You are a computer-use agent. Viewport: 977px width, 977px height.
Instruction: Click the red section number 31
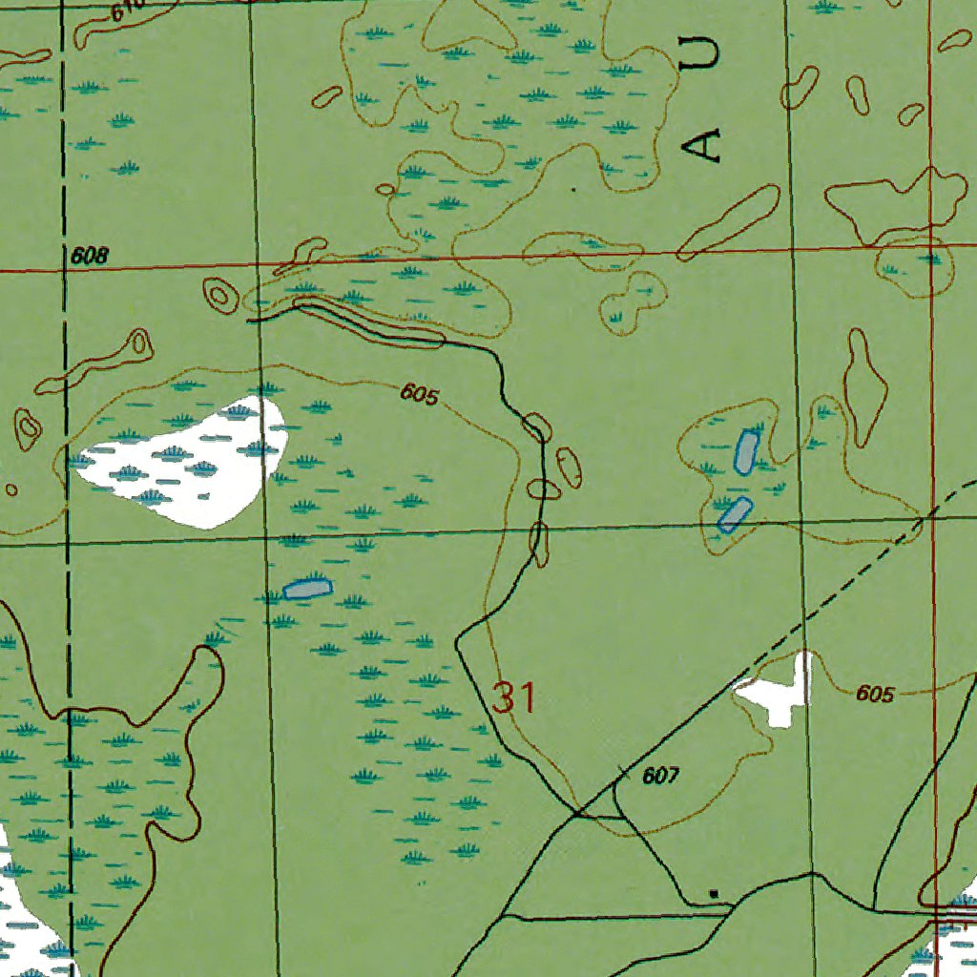tap(514, 698)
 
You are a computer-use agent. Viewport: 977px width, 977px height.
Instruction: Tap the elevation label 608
tap(90, 256)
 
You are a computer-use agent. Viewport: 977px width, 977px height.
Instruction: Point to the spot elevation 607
tap(660, 776)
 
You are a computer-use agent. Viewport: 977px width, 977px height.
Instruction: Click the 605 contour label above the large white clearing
tap(419, 393)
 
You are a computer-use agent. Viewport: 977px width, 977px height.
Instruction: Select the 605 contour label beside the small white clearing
tap(874, 694)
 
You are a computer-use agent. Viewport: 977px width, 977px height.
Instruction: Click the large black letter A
tap(705, 145)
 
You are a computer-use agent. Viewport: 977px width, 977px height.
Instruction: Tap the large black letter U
tap(703, 52)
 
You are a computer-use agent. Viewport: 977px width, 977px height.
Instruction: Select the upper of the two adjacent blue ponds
tap(746, 451)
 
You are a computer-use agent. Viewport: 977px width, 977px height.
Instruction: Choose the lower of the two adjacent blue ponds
tap(735, 514)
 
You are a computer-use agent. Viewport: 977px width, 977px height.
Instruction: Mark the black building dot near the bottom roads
tap(714, 893)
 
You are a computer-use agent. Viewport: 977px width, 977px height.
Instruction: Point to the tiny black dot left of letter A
tap(573, 189)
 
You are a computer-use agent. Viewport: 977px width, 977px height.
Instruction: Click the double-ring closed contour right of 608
tap(219, 294)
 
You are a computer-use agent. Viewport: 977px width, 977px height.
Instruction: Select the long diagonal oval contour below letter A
tap(728, 222)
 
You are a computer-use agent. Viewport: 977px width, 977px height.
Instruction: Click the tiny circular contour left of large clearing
tap(11, 489)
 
